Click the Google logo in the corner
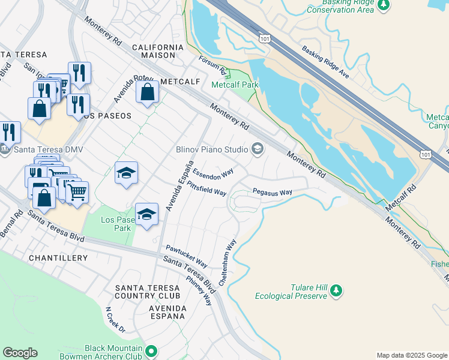click(x=20, y=353)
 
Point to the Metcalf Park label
click(x=235, y=85)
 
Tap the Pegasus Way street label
click(x=272, y=193)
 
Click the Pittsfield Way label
click(x=206, y=188)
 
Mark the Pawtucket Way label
click(x=187, y=256)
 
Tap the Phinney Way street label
click(x=199, y=290)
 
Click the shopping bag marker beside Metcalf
click(x=147, y=93)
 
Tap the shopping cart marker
click(x=77, y=193)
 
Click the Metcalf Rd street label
click(x=401, y=197)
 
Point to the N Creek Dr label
click(x=115, y=320)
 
